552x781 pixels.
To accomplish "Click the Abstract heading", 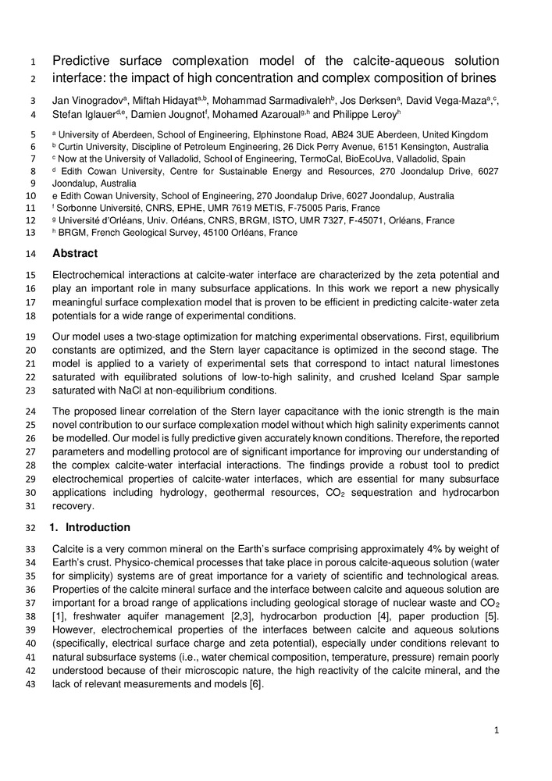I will [77, 253].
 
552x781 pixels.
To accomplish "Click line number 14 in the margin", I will [32, 253].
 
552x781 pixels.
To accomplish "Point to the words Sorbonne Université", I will [101, 209].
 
